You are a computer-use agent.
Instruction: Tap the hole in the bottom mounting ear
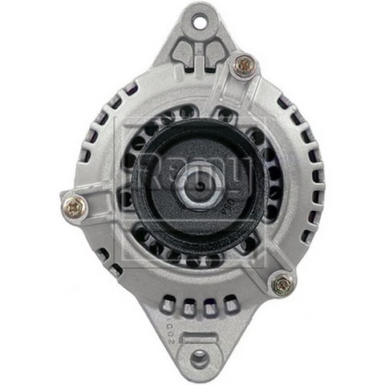click(197, 356)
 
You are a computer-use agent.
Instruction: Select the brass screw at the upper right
click(244, 65)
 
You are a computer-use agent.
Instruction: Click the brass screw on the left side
click(75, 207)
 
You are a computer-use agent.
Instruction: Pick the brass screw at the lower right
click(282, 283)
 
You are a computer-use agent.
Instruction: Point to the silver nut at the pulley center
click(196, 191)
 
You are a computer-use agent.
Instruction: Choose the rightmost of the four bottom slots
click(231, 303)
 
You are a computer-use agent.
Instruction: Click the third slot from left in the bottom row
click(211, 307)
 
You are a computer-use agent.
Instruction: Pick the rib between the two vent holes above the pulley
click(195, 111)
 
